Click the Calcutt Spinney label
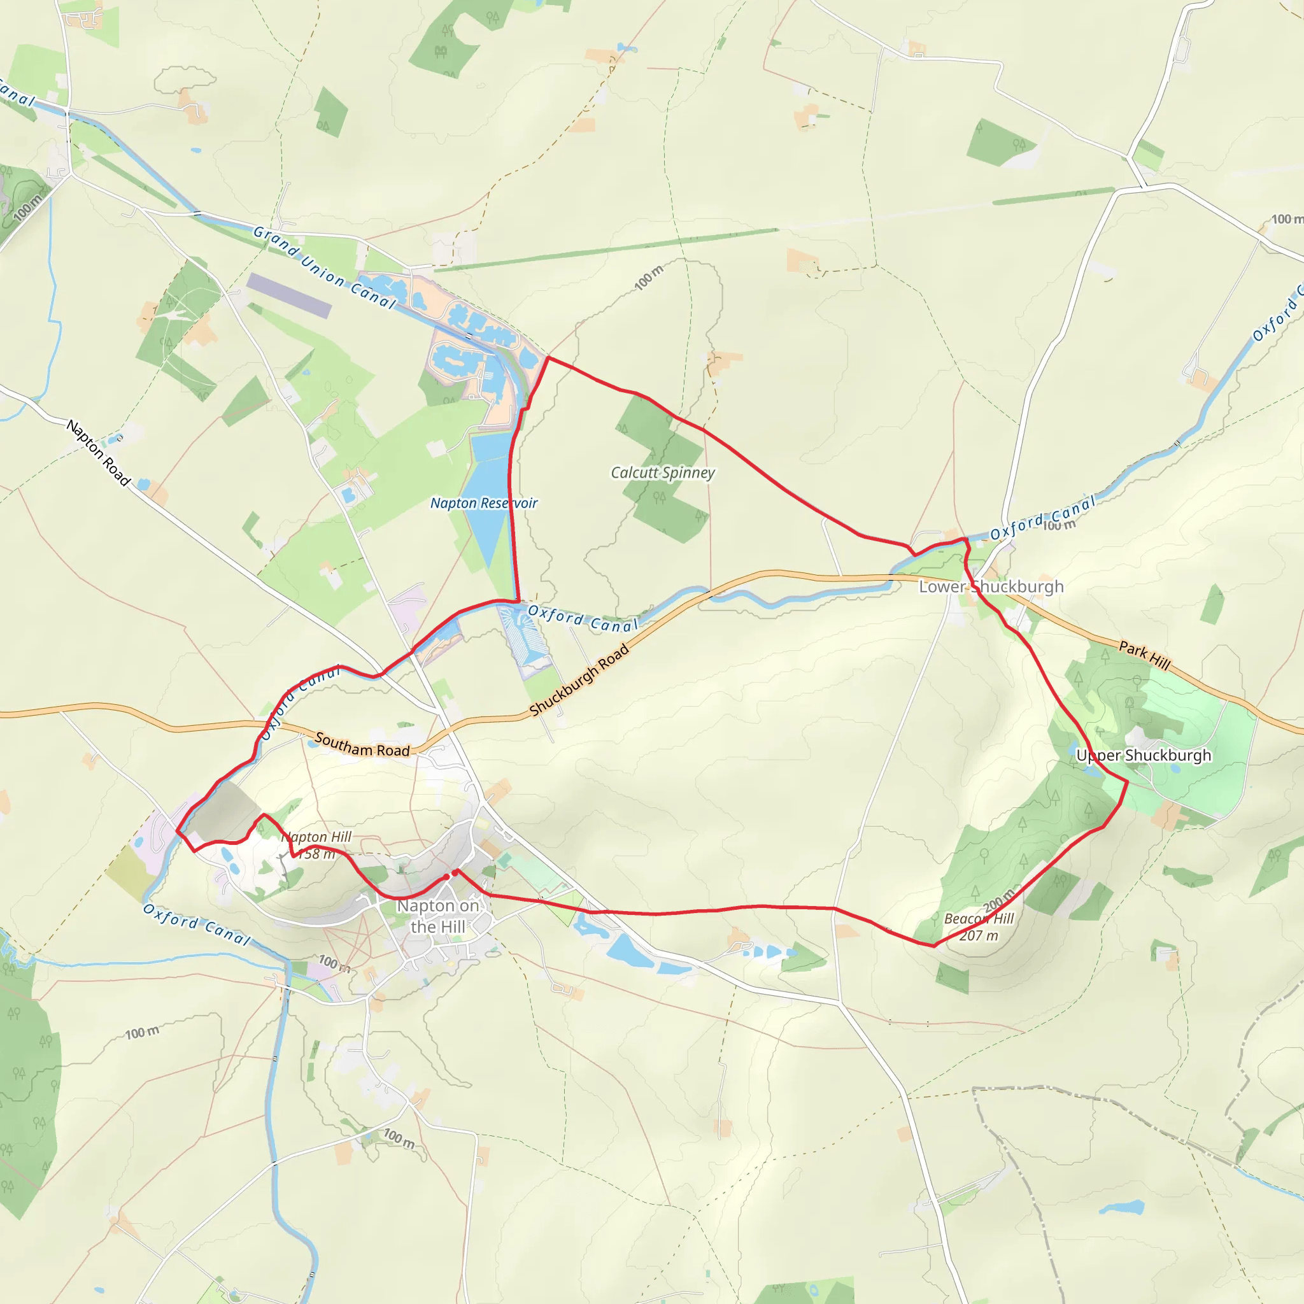point(662,472)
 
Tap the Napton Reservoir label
point(484,503)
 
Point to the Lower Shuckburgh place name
point(991,586)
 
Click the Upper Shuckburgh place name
point(1144,755)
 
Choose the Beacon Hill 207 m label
point(979,926)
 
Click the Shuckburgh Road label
point(579,679)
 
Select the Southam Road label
point(362,745)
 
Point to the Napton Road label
point(99,452)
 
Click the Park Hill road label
point(1145,655)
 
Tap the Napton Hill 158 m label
point(316,845)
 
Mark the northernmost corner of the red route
point(548,357)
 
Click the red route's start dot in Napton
point(446,877)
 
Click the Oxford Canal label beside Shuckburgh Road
point(583,619)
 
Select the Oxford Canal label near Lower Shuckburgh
point(1043,518)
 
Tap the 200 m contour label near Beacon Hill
point(998,900)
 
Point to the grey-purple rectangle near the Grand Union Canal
point(289,295)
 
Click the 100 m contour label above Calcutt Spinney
point(649,278)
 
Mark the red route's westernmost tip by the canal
point(178,830)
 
